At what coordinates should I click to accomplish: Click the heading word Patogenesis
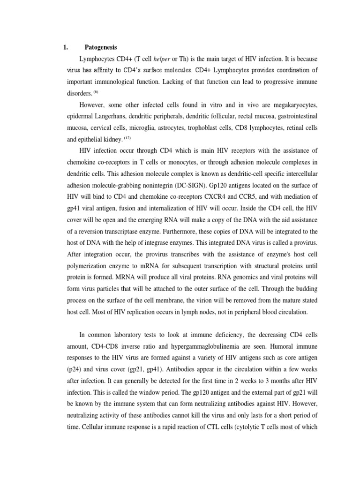pos(101,47)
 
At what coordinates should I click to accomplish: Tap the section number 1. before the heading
pos(66,47)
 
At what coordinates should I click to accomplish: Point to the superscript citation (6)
pos(95,91)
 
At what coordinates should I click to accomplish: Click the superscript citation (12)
pos(128,137)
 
